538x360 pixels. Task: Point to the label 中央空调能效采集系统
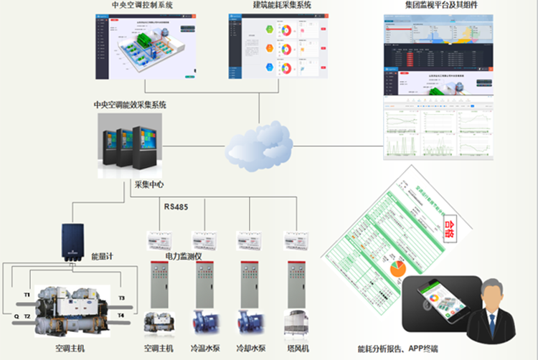pyautogui.click(x=130, y=105)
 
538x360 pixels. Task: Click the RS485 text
pyautogui.click(x=176, y=207)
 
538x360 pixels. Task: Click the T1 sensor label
pyautogui.click(x=27, y=295)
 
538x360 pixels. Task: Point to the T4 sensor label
pyautogui.click(x=121, y=316)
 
